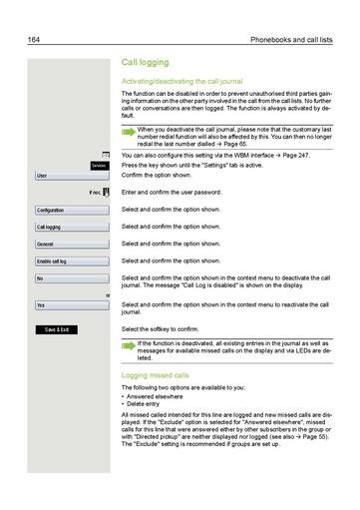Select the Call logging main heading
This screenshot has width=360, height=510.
click(x=149, y=62)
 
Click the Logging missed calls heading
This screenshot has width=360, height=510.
click(x=156, y=375)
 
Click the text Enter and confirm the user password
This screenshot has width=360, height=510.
click(x=185, y=192)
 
